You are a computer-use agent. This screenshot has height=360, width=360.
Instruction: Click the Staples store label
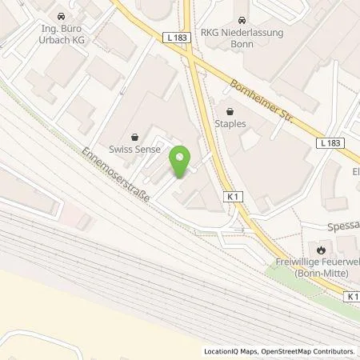[x=230, y=125]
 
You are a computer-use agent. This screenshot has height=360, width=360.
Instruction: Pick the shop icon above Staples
[x=230, y=112]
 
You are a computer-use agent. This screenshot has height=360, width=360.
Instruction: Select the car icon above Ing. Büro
[x=61, y=15]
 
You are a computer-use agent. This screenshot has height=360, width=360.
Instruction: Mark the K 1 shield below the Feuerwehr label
[x=352, y=295]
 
